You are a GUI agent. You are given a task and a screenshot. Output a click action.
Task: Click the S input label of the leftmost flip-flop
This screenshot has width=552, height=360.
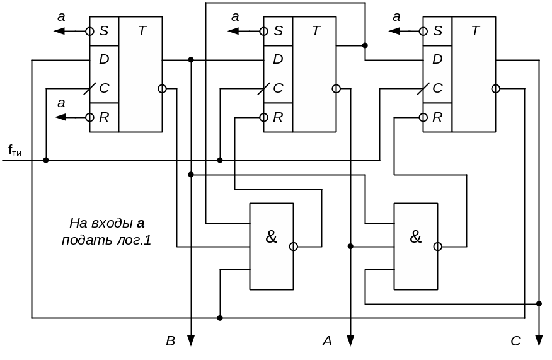tap(104, 31)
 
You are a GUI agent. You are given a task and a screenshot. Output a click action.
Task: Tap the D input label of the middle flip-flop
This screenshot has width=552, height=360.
tap(278, 59)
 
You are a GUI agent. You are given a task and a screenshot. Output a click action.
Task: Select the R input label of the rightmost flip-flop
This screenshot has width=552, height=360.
tap(437, 117)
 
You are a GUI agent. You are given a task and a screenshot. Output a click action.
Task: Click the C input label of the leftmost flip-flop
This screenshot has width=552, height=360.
tap(104, 88)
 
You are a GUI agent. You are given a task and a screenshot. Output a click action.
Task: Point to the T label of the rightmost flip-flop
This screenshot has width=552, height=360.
tap(475, 31)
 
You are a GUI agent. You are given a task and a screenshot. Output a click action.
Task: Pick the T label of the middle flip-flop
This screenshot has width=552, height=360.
tap(316, 31)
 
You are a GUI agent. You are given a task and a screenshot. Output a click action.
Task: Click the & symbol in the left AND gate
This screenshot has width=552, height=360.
tap(271, 237)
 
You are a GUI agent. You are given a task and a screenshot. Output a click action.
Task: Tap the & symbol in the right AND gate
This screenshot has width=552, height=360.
tap(415, 237)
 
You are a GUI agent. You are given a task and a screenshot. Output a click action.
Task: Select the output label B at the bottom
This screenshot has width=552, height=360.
tap(170, 342)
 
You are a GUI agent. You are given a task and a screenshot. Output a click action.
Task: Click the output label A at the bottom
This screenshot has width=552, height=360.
tap(327, 342)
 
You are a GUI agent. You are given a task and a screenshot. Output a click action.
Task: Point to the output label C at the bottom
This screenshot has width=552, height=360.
tap(515, 342)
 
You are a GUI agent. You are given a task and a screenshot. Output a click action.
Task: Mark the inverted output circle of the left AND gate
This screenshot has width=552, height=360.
tap(293, 247)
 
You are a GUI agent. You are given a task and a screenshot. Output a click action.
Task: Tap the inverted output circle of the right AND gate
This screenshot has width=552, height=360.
tap(437, 247)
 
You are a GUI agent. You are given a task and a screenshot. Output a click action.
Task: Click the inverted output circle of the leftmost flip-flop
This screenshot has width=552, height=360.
tap(162, 89)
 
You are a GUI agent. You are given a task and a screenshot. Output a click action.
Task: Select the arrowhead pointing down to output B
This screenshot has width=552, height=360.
tap(190, 340)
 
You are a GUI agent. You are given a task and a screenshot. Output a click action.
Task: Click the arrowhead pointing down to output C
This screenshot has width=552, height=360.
tap(539, 340)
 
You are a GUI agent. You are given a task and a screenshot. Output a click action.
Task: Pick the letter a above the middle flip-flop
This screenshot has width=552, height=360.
tap(235, 17)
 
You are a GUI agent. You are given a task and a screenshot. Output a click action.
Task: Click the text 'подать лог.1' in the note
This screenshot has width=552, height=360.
tap(106, 240)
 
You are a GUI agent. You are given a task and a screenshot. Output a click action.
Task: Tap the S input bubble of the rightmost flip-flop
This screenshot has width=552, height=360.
tap(418, 31)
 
